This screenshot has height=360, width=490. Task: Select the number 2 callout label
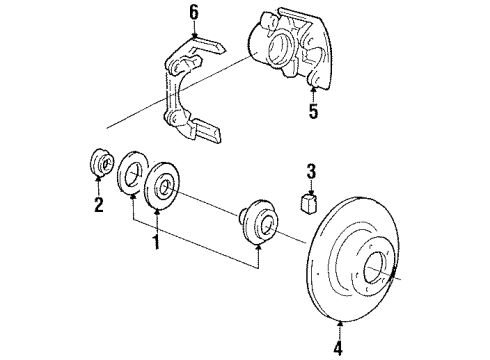pos(98,206)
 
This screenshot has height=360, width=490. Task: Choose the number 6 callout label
pos(195,13)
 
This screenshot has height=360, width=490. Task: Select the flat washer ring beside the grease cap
pos(132,176)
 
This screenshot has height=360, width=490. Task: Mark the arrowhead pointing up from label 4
pos(339,325)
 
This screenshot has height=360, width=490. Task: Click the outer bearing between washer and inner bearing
pos(162,187)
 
